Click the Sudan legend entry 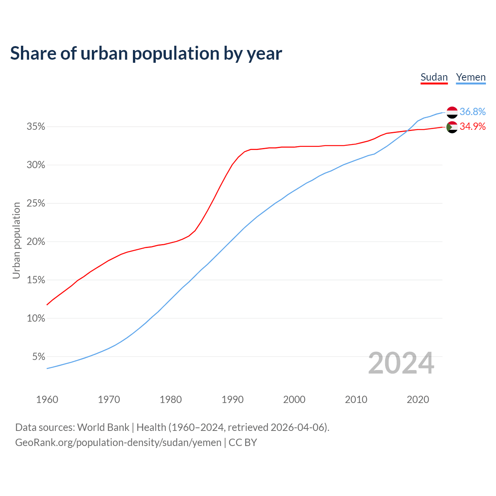click(x=434, y=77)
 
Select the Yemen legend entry click(x=471, y=77)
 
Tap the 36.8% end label click(x=472, y=112)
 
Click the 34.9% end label click(x=472, y=127)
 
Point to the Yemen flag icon click(x=452, y=112)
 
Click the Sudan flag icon click(x=452, y=127)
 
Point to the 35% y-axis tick click(x=36, y=127)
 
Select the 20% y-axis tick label click(x=36, y=242)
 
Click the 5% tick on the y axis click(x=39, y=356)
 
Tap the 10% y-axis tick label click(x=36, y=318)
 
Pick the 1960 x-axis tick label click(x=47, y=400)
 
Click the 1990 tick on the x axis click(x=232, y=400)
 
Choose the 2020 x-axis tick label click(x=418, y=400)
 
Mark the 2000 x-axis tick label click(x=294, y=400)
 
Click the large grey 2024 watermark click(x=401, y=363)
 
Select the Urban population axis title click(x=16, y=240)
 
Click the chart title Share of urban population click(x=146, y=53)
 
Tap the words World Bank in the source click(x=103, y=427)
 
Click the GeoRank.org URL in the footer click(x=118, y=443)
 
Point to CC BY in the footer click(x=243, y=443)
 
